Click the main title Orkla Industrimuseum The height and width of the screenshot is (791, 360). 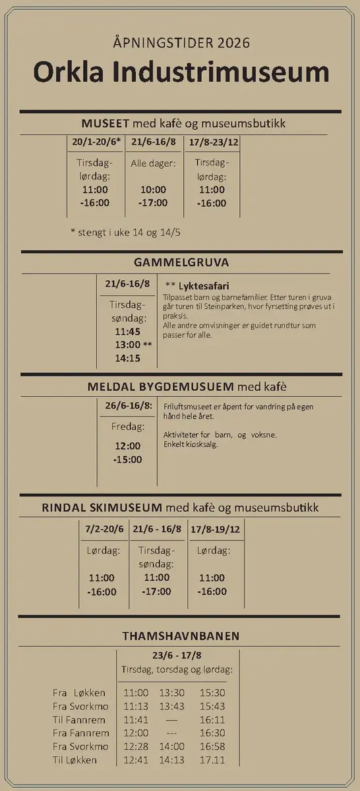(181, 73)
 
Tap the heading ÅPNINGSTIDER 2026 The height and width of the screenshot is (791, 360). (181, 44)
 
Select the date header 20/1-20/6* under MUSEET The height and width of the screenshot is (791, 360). (96, 142)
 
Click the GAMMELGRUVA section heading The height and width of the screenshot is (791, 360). (181, 262)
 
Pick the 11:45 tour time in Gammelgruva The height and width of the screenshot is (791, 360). (127, 332)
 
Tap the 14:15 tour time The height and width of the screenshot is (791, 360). (127, 359)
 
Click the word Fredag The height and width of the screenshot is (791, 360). (127, 426)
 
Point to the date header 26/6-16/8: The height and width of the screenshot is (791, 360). (129, 405)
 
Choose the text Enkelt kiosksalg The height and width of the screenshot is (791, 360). (191, 444)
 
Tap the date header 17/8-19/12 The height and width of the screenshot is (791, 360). (215, 529)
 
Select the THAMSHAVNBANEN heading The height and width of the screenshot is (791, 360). (181, 636)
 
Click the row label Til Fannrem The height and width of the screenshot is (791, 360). (79, 720)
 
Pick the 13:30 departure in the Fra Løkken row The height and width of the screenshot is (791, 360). (171, 693)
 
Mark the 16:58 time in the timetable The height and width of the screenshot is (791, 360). (212, 746)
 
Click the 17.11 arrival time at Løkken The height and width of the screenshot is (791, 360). (212, 760)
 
